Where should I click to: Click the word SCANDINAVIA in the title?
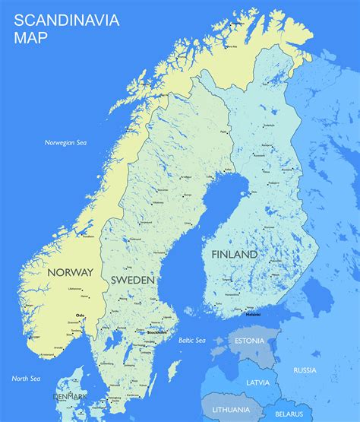(x=67, y=20)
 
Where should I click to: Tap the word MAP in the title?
(x=31, y=37)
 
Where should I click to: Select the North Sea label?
(x=26, y=378)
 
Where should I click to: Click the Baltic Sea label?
(x=192, y=340)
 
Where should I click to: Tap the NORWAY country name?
(x=70, y=272)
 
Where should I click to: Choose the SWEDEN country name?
(x=133, y=281)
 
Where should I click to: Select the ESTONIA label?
(x=250, y=341)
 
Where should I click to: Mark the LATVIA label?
(x=258, y=382)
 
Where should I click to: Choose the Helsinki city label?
(x=251, y=313)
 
